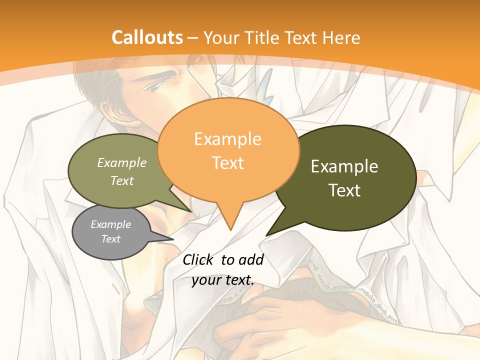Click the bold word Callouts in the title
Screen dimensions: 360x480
tap(147, 37)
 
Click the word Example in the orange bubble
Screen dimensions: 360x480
tap(227, 138)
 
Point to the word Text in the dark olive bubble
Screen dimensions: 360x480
tap(344, 190)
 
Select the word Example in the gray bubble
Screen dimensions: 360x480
tap(110, 224)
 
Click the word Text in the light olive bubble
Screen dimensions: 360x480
tap(122, 180)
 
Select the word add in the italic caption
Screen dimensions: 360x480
tap(250, 259)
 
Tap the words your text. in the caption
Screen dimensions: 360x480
tap(223, 280)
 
